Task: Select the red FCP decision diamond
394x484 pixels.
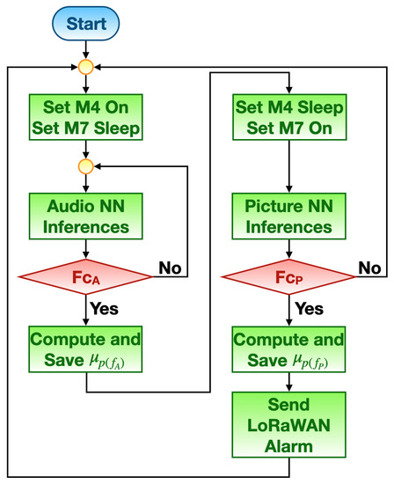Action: [288, 277]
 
